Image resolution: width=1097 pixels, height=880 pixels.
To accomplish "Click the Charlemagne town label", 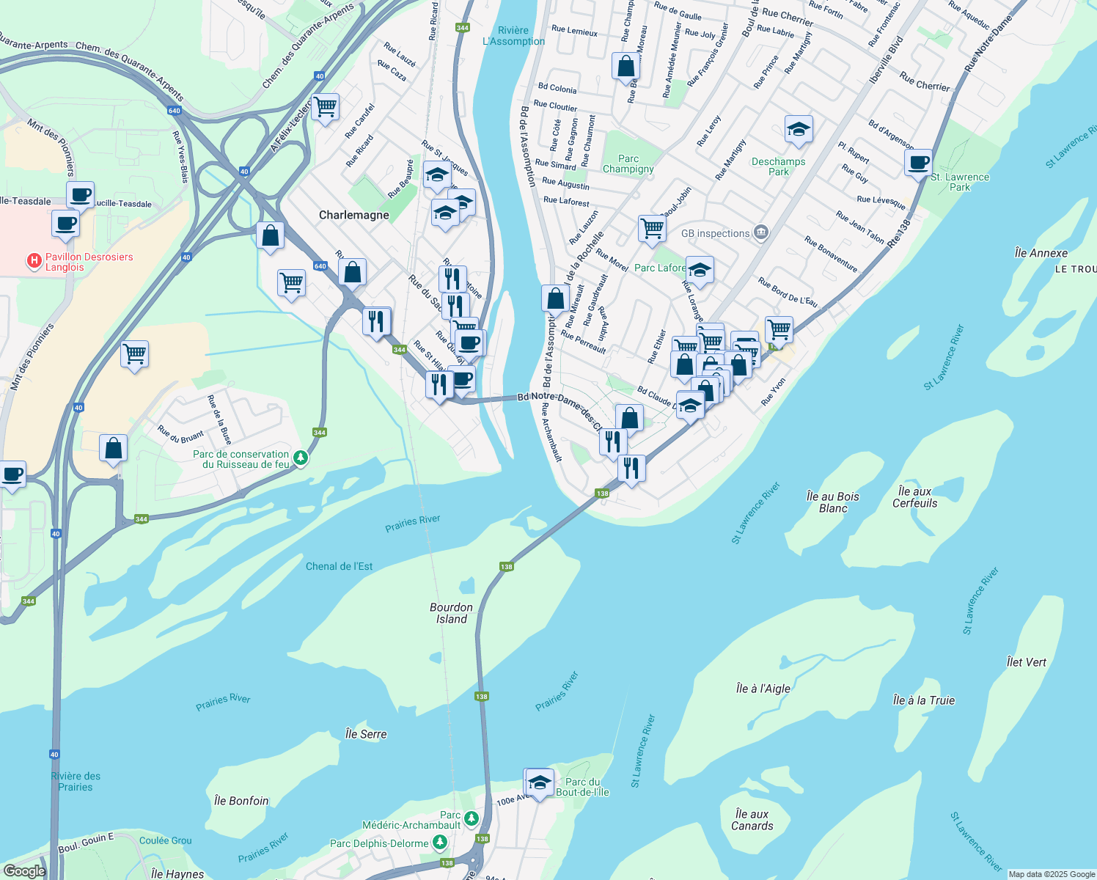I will (x=353, y=215).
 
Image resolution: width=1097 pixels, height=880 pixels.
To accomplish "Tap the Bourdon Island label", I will (x=451, y=613).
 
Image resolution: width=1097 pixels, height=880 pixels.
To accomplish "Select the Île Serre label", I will (x=365, y=734).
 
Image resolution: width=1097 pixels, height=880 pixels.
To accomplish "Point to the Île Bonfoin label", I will (x=241, y=801).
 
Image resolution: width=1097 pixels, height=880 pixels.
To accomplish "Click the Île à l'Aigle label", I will (x=763, y=689).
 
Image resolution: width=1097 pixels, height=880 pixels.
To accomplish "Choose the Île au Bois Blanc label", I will (x=832, y=502).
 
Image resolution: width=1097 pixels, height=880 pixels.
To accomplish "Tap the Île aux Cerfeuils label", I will (x=914, y=497).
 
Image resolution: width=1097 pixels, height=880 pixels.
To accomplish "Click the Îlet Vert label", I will (x=1026, y=662).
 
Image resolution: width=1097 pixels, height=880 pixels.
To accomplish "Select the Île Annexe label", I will (x=1041, y=253).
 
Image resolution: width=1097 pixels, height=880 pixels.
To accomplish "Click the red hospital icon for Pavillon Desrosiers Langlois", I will (x=34, y=260).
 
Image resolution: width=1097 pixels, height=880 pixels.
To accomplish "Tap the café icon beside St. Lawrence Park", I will (x=918, y=162).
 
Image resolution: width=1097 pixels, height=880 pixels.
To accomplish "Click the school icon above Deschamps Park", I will (x=798, y=130).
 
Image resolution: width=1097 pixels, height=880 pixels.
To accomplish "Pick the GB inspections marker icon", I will (x=761, y=233).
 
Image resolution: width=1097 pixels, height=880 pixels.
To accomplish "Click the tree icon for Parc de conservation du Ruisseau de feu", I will (x=300, y=458).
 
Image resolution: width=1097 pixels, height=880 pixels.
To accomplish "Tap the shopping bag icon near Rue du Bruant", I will (x=113, y=447).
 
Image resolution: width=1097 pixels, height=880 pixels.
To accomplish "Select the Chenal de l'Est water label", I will (x=339, y=566).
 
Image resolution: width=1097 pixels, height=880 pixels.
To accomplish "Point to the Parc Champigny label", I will (x=628, y=164).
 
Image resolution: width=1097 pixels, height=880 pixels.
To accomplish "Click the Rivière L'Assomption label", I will (x=513, y=36).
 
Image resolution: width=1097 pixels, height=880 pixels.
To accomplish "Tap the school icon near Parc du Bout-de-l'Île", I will (x=540, y=782).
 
